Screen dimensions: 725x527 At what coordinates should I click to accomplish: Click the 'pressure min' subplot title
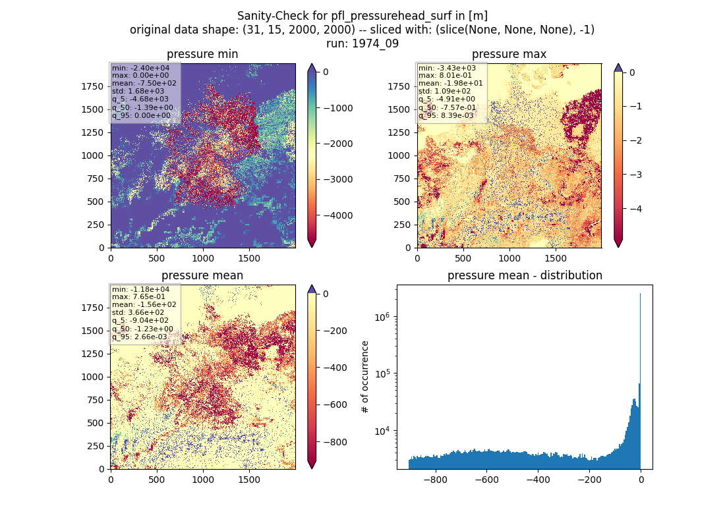click(x=202, y=54)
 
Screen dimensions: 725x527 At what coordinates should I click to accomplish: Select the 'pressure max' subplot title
click(x=509, y=54)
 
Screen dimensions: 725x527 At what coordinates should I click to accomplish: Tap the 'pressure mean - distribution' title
click(x=525, y=275)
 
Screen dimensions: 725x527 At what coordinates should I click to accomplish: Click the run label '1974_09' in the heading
click(x=375, y=43)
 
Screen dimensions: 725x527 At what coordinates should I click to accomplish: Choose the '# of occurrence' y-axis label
click(x=365, y=377)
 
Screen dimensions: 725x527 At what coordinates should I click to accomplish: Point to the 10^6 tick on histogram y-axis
click(x=382, y=317)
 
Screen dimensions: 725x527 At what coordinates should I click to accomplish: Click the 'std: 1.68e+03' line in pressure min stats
click(x=138, y=91)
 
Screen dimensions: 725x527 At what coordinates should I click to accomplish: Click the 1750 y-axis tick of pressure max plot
click(x=399, y=86)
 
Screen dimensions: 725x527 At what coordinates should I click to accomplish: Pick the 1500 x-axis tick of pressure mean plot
click(x=248, y=480)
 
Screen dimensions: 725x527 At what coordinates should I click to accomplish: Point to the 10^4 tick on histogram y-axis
click(x=382, y=431)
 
